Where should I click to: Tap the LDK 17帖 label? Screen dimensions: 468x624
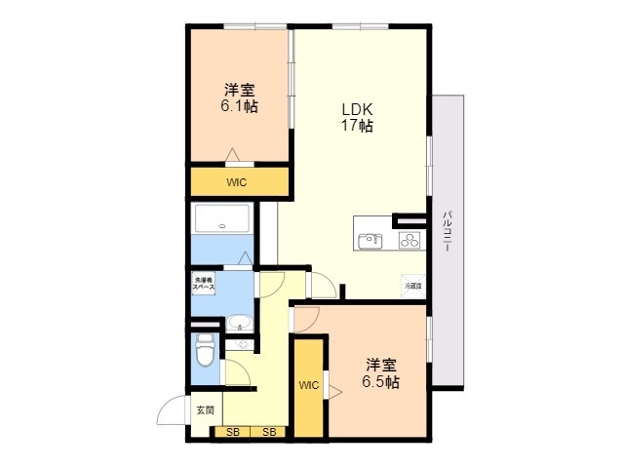[357, 116]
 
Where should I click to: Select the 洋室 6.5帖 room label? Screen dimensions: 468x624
[381, 372]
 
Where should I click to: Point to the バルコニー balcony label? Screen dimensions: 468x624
[447, 231]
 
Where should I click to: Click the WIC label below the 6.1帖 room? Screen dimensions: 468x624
[237, 182]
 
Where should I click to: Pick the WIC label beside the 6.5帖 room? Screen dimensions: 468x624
[308, 385]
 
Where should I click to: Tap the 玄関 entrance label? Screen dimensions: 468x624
[204, 410]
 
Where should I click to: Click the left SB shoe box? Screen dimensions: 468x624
[232, 432]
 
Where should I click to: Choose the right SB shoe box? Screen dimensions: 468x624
[268, 432]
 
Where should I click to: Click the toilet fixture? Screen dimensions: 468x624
[204, 349]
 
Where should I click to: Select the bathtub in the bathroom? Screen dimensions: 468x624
[224, 220]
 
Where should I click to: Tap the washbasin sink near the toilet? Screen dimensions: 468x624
[239, 323]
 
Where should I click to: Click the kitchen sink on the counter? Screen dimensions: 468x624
[370, 241]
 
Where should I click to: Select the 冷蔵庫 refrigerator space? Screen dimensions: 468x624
[413, 287]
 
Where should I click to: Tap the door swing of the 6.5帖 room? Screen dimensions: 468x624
[306, 318]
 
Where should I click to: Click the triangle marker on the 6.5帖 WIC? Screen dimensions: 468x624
[334, 392]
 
